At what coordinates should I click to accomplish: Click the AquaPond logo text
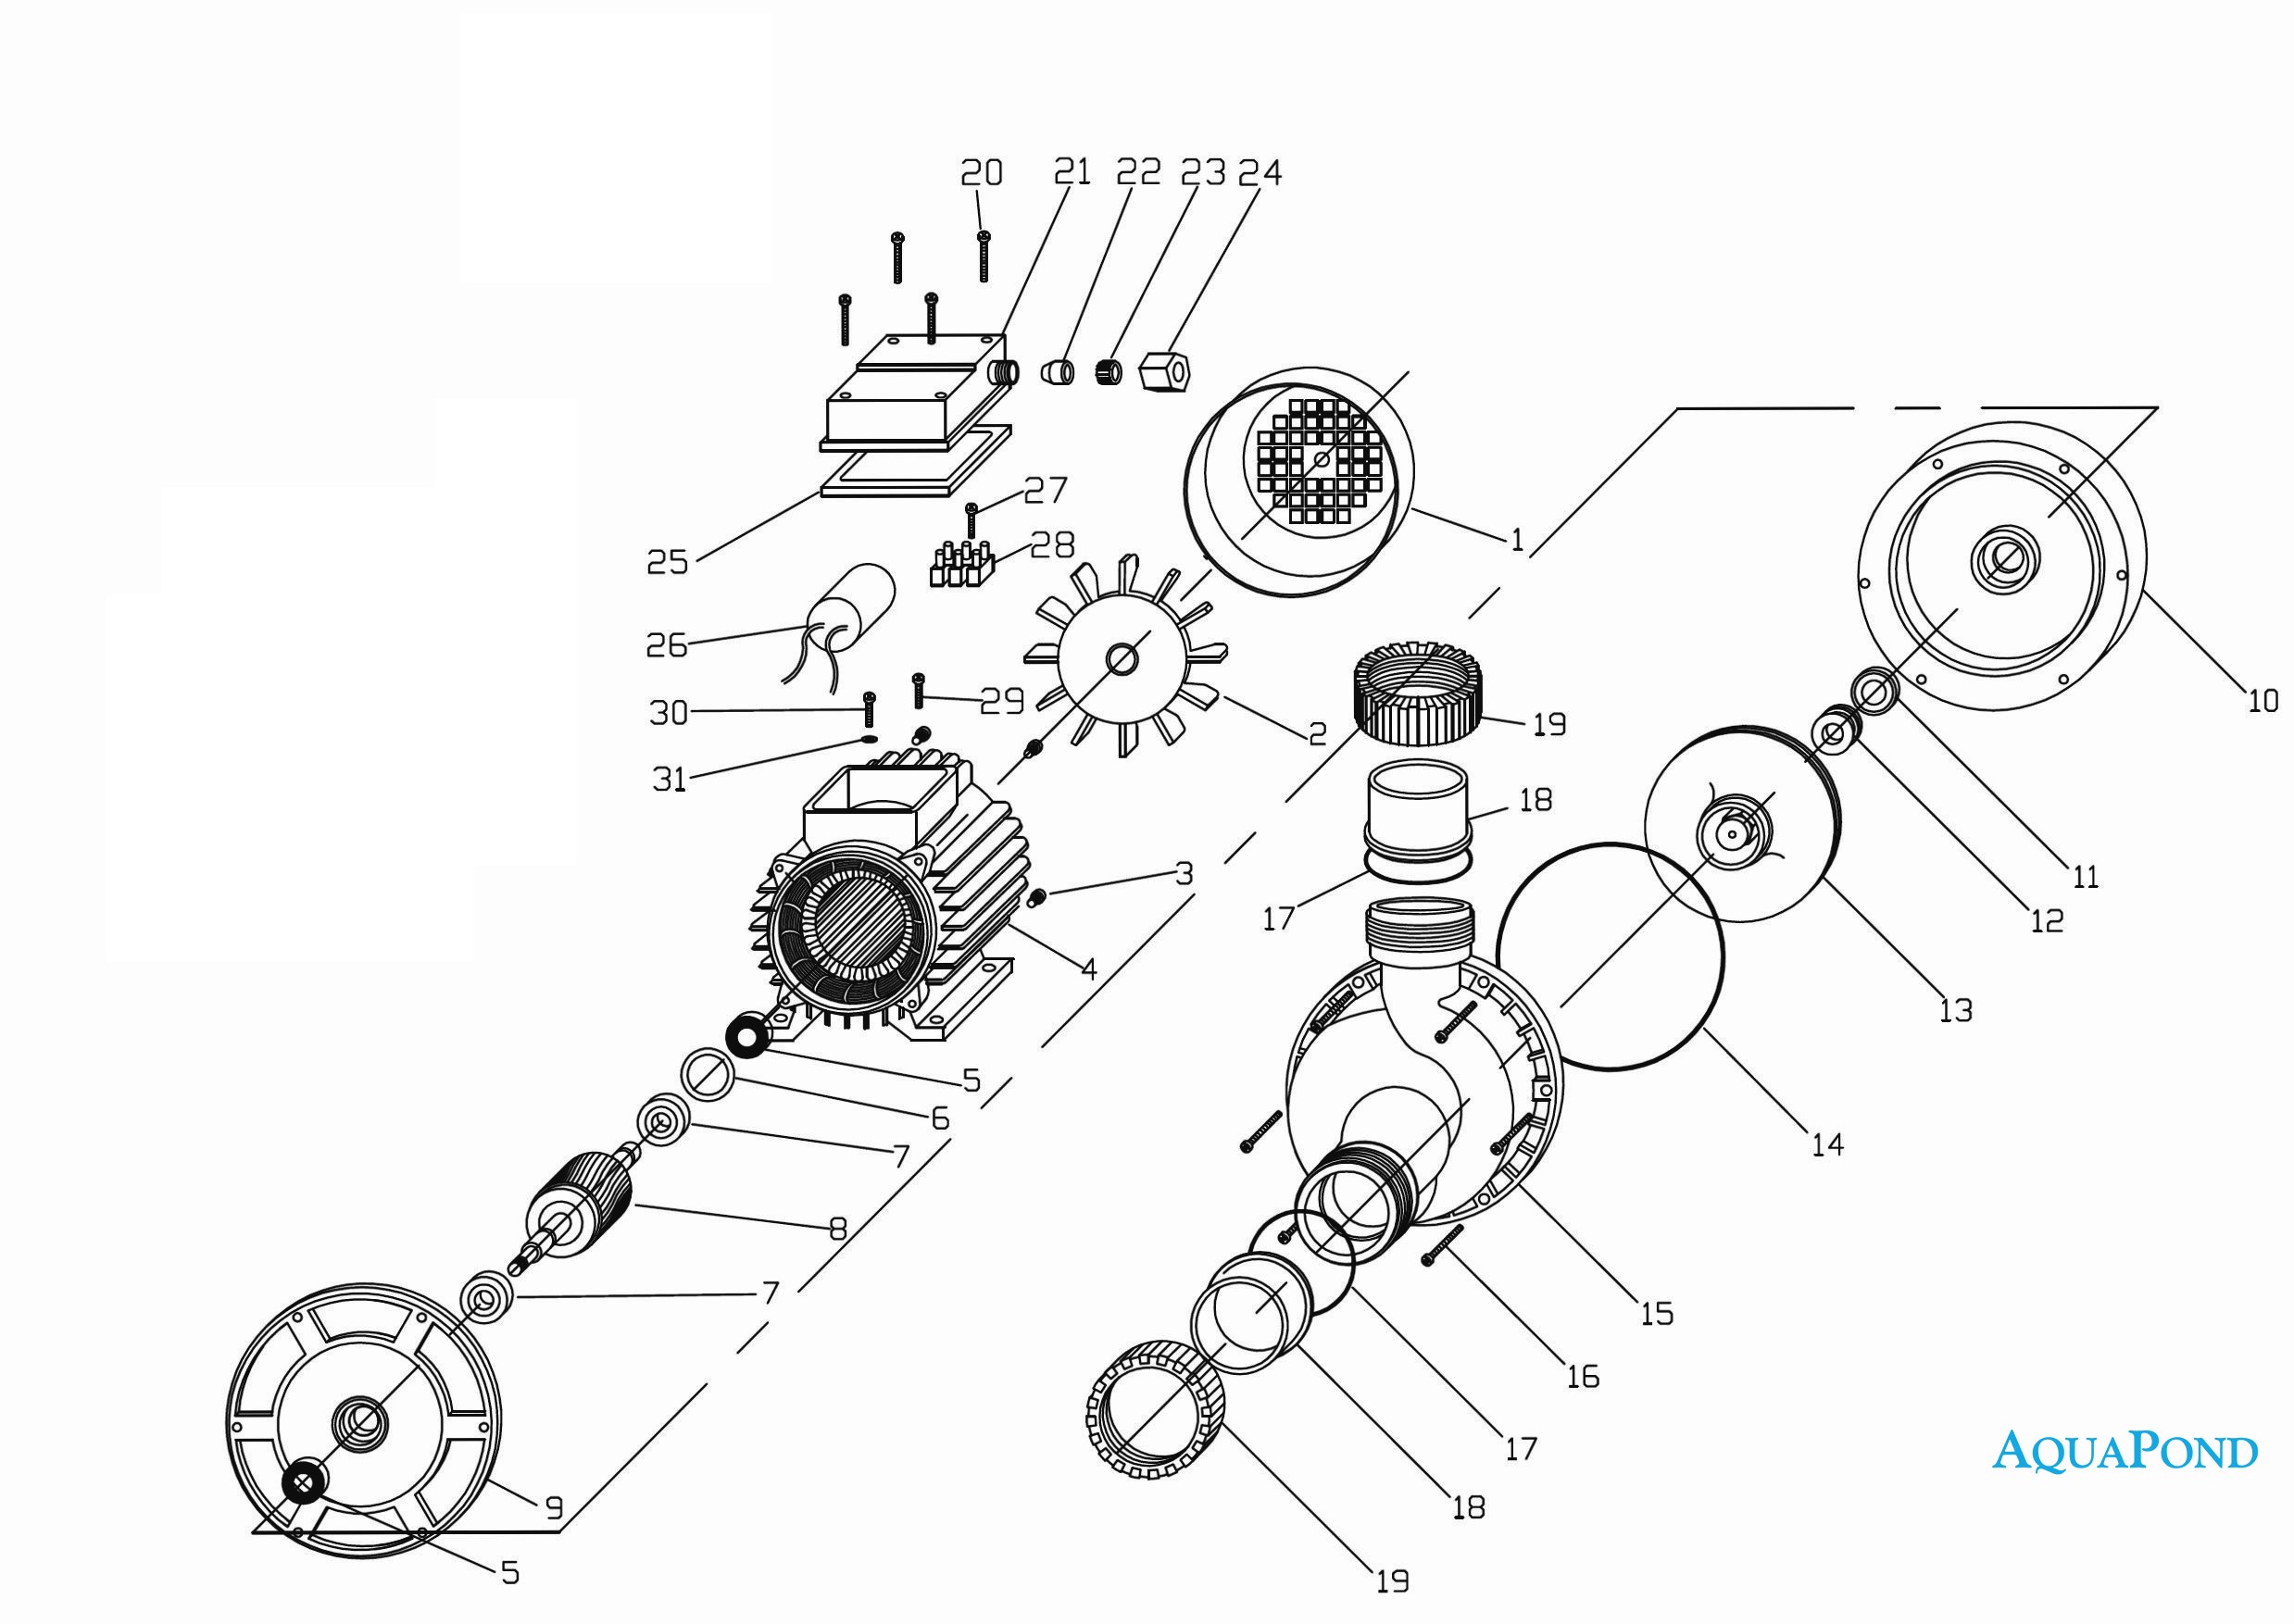coord(2125,1452)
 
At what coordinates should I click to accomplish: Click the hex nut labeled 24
coord(1164,372)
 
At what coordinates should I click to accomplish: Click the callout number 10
coord(2263,701)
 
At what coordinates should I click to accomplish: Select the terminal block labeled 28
coord(961,566)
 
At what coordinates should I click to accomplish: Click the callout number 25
coord(667,562)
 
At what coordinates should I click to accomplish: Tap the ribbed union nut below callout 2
coord(1418,694)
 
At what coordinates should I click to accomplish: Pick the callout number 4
coord(1089,969)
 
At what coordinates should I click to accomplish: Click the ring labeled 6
coord(708,1075)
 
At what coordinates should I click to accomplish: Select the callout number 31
coord(668,779)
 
